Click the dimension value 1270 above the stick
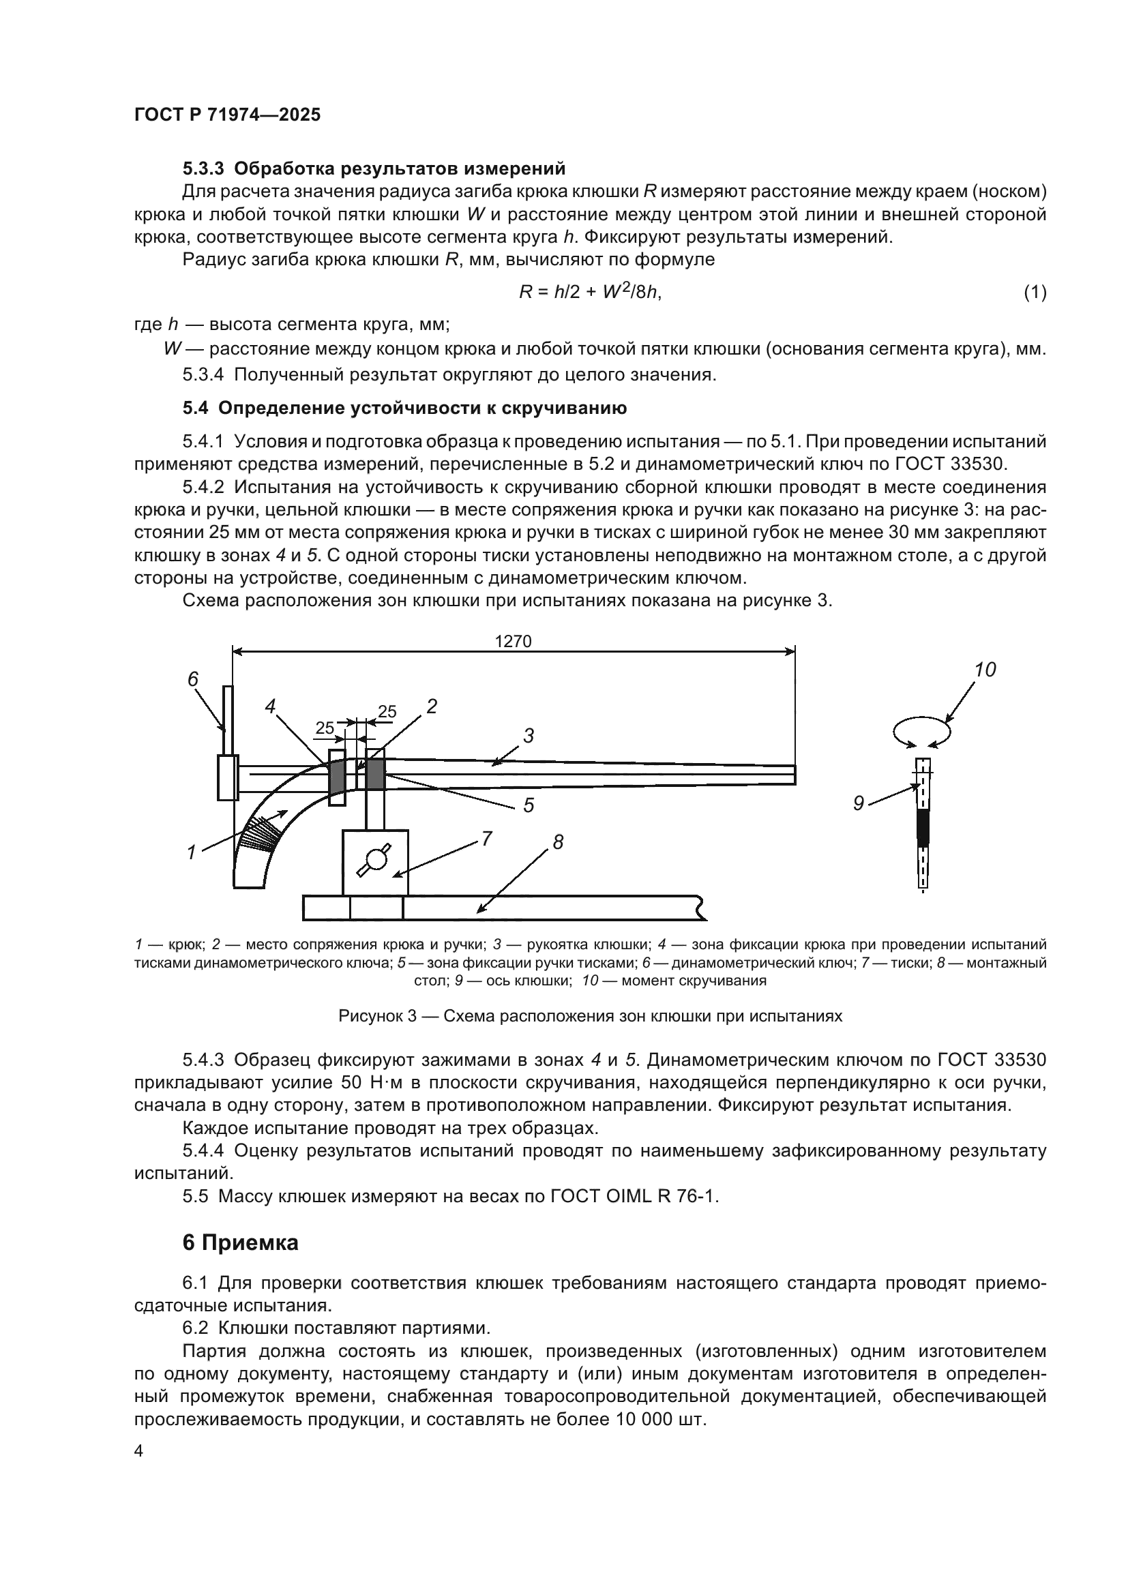(513, 641)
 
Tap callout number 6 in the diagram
(193, 679)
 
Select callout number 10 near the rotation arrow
(984, 670)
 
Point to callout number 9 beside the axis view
(859, 804)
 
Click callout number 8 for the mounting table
(558, 842)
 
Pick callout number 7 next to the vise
(486, 839)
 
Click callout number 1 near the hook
(192, 852)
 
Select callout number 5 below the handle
(529, 805)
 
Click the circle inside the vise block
(376, 860)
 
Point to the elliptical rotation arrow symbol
(922, 732)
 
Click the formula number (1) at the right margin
(1035, 293)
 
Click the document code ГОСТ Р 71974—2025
(227, 115)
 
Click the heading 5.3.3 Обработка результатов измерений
(374, 168)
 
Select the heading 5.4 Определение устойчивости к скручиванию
(404, 408)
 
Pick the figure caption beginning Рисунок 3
(590, 1016)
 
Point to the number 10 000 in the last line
(646, 1418)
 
